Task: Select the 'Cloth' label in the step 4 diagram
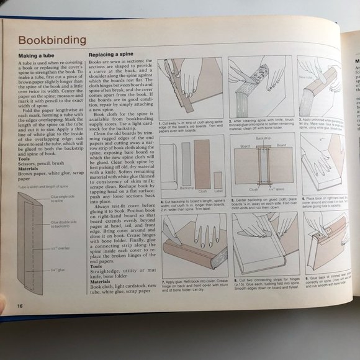pyautogui.click(x=202, y=192)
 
